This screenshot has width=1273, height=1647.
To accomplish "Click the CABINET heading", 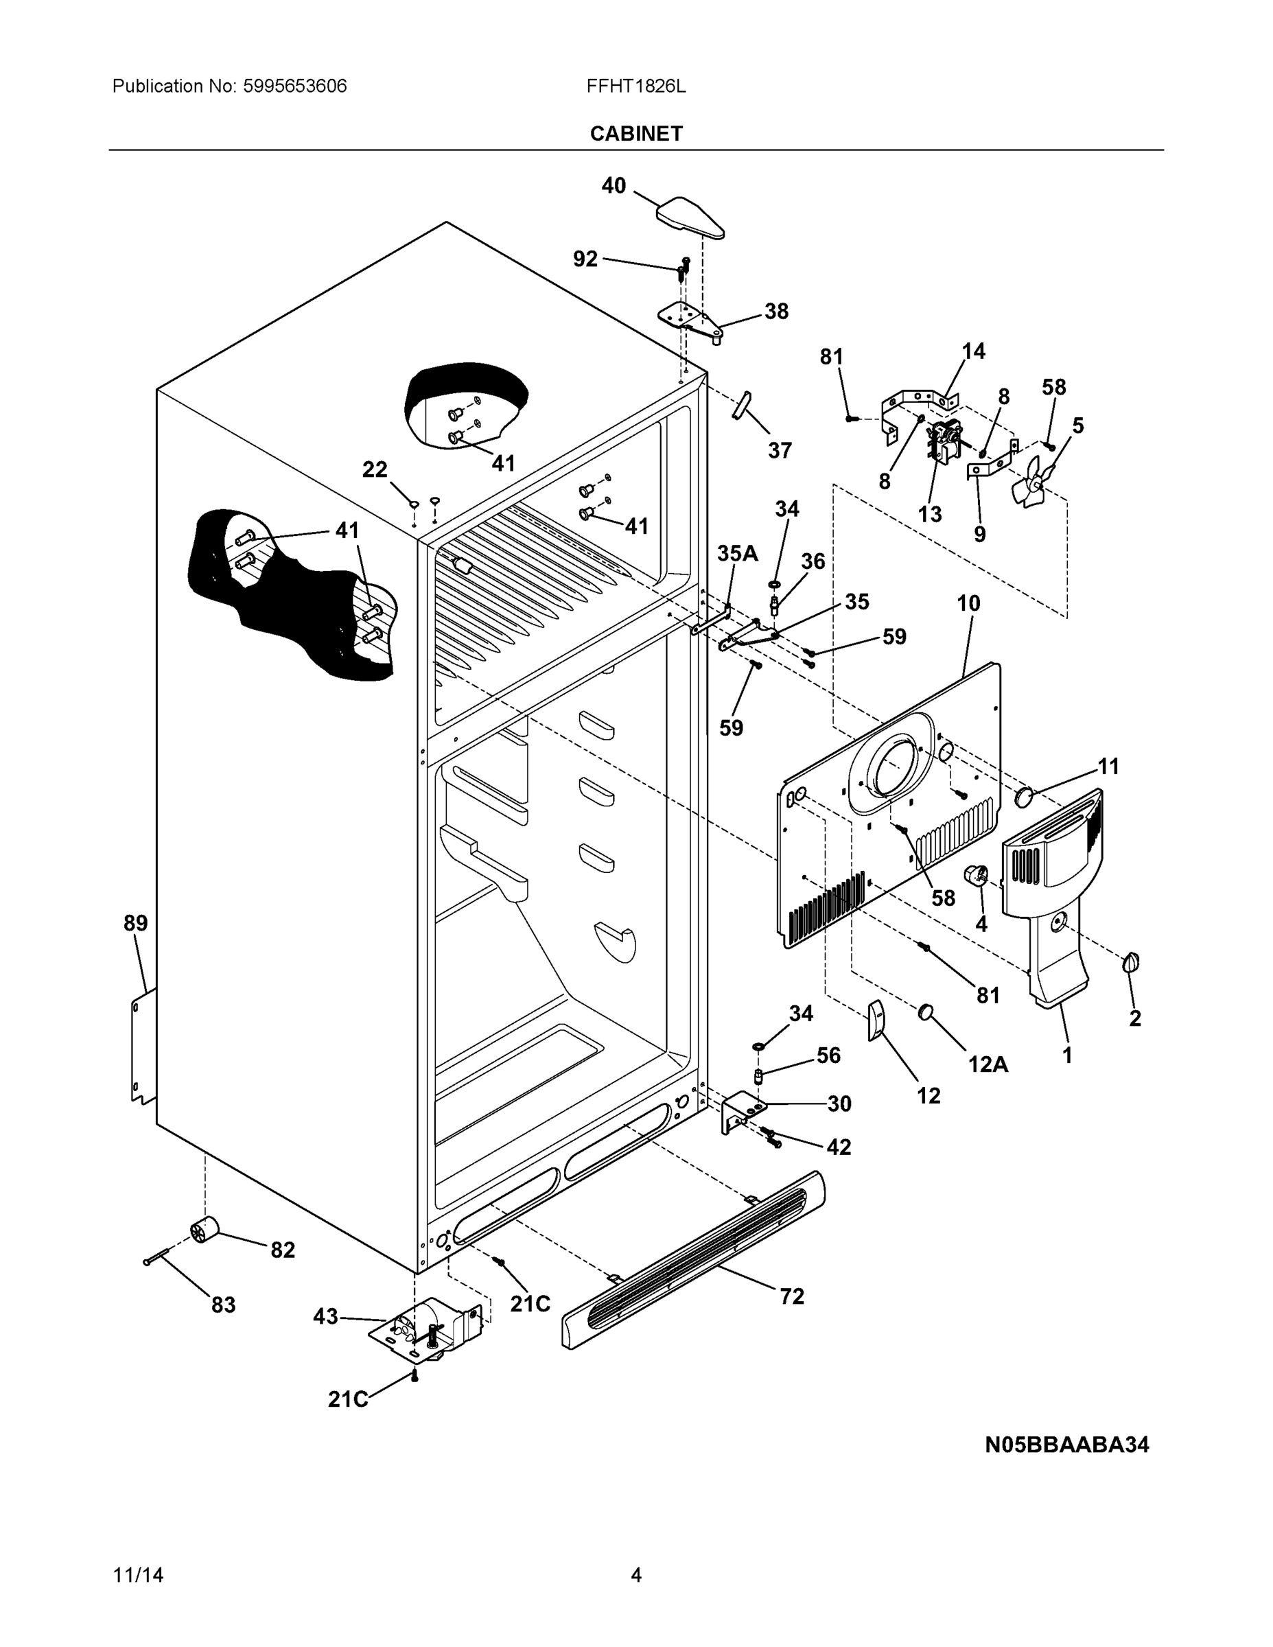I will point(635,134).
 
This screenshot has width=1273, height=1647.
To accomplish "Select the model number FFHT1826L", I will point(635,86).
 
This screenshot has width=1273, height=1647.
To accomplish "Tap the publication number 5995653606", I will point(294,86).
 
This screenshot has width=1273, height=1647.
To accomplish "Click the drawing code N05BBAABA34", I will point(1066,1444).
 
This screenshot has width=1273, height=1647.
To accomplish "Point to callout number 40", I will point(613,185).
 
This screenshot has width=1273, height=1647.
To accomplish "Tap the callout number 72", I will point(792,1296).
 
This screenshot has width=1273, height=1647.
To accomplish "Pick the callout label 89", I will point(136,923).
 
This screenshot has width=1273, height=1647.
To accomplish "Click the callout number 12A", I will point(988,1064).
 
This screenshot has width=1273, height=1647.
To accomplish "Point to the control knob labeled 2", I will point(1131,963).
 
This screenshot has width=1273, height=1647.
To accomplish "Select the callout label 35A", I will point(737,554).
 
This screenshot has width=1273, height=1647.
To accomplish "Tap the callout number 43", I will point(325,1317).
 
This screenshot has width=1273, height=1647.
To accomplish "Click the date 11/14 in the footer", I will point(138,1576).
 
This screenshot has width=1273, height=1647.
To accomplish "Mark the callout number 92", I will point(585,259).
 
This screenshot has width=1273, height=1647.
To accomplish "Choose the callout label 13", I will point(929,514).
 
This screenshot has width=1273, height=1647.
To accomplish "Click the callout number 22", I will point(375,470).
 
